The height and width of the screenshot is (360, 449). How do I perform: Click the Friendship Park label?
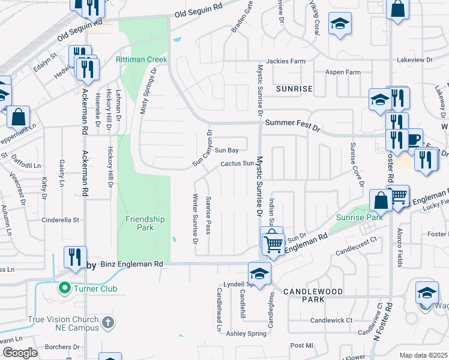point(144,223)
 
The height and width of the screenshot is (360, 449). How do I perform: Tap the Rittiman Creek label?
point(141,59)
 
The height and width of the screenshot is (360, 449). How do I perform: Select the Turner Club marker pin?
point(64,289)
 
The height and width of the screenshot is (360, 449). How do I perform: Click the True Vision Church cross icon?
point(108,323)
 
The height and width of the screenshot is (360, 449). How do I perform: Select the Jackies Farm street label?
point(286,61)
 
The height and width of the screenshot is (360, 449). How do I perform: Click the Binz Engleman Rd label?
point(131,263)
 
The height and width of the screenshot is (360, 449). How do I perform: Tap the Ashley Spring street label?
point(246,334)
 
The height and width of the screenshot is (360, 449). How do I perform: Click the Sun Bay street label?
point(227,150)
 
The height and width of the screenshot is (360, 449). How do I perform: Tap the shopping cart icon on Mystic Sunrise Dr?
point(273,243)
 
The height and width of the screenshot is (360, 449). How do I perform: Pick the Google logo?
point(20,353)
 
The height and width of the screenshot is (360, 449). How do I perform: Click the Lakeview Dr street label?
point(416,61)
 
